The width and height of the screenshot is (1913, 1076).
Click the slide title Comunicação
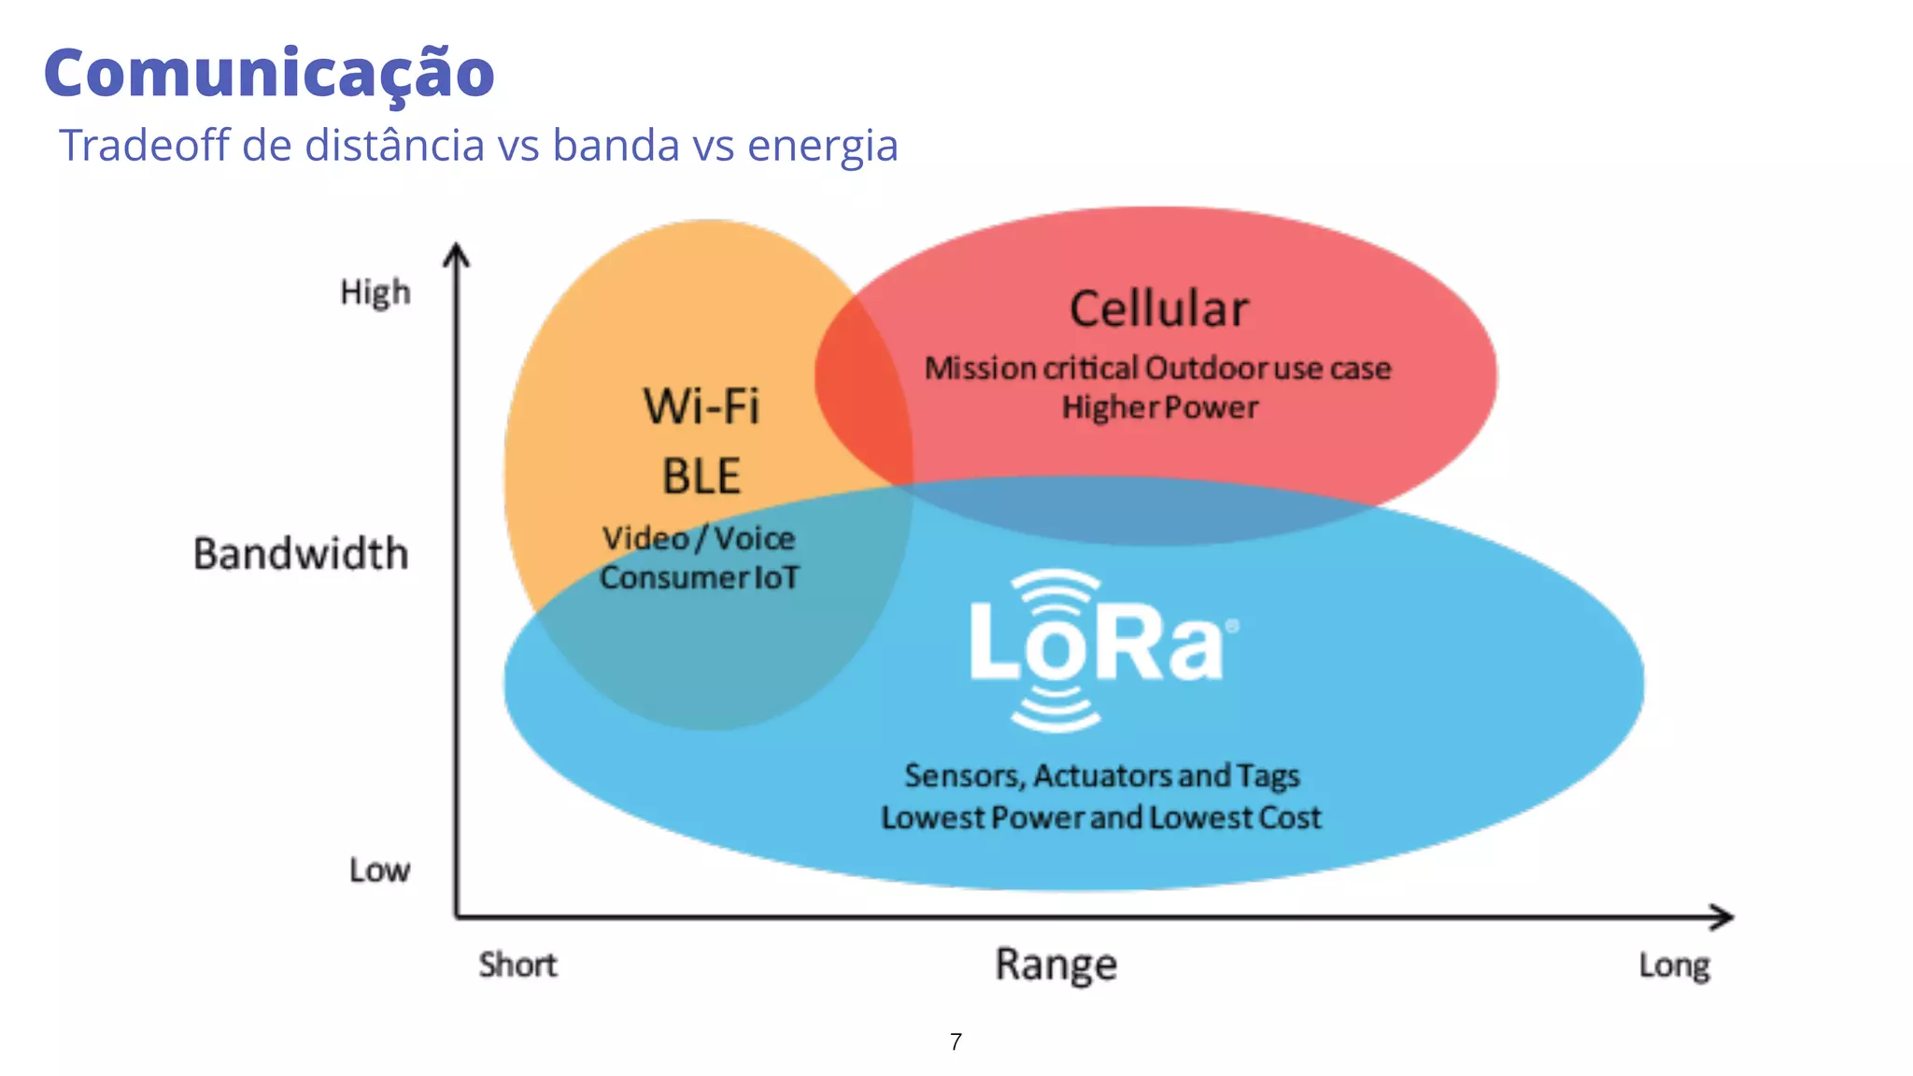click(269, 73)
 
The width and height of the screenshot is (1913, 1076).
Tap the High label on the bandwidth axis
click(375, 292)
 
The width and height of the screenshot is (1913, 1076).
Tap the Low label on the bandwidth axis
click(379, 870)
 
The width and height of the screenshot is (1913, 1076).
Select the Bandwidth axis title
click(301, 553)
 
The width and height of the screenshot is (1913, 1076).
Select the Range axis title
click(1056, 964)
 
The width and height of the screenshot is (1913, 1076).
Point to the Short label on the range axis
click(517, 964)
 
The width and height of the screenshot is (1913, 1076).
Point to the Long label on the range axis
click(1674, 965)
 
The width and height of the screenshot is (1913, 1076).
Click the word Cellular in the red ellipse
click(1158, 309)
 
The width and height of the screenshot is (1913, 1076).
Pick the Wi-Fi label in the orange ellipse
click(701, 406)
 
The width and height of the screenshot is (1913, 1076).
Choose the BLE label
click(701, 475)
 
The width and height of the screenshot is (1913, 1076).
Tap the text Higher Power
click(1159, 407)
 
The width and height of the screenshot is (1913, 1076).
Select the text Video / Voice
click(699, 538)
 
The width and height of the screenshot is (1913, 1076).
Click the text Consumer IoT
click(699, 577)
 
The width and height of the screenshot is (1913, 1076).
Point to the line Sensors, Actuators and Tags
click(1102, 775)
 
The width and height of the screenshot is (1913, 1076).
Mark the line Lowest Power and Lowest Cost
click(1101, 817)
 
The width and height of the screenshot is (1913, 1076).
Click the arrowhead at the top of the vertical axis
click(456, 254)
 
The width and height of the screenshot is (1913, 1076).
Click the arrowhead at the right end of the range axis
click(1723, 916)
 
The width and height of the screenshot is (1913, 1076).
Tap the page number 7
click(956, 1041)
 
